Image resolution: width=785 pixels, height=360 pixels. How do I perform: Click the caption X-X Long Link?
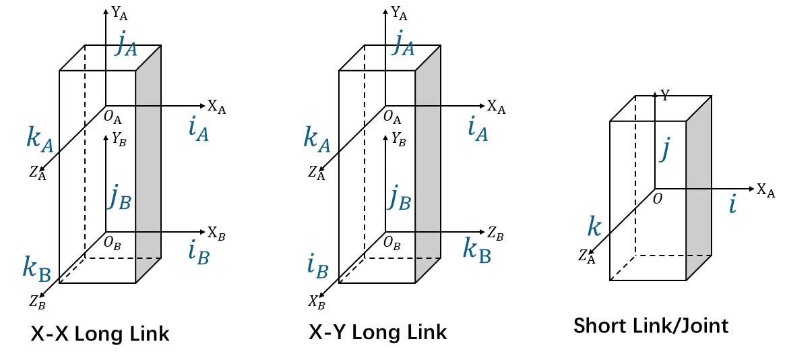tap(100, 334)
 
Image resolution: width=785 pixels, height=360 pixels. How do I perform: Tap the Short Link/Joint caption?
tap(651, 326)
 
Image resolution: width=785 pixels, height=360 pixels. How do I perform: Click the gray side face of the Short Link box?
tap(698, 188)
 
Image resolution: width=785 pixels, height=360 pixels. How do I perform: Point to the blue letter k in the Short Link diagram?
tap(594, 227)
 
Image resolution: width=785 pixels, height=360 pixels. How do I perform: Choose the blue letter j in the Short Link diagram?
tap(664, 150)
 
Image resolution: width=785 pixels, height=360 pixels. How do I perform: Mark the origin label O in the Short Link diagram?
tap(658, 199)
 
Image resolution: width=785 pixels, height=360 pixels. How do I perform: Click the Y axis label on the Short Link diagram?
tap(665, 96)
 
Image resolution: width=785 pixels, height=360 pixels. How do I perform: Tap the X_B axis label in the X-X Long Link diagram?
tap(216, 233)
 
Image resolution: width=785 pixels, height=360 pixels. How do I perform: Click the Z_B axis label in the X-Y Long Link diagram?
tap(496, 233)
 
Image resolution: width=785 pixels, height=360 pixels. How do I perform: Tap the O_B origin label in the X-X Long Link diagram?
tap(112, 243)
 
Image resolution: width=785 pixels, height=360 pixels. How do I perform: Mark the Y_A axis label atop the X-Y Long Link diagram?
tap(399, 13)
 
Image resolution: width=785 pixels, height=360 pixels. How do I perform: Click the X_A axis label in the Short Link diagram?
tap(765, 190)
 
